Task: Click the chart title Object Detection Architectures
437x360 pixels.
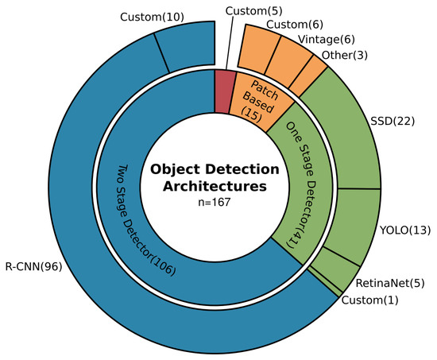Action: (x=216, y=178)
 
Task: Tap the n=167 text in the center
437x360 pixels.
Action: (x=216, y=203)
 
